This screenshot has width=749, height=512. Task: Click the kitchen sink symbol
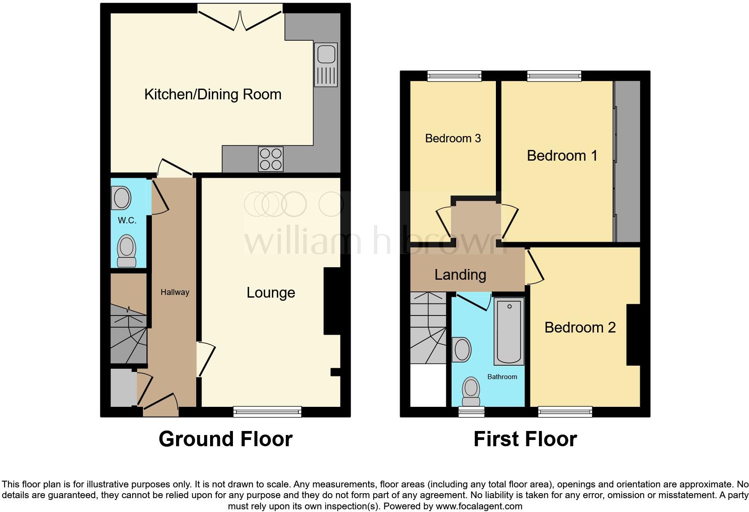pos(326,64)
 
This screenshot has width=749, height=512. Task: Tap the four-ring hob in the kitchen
pos(271,159)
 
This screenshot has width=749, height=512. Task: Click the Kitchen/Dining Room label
pos(213,94)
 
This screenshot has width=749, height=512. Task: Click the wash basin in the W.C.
pos(121,198)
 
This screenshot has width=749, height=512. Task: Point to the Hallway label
pos(175,292)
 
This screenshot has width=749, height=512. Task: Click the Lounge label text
pos(271,293)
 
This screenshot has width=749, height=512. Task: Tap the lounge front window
pos(267,411)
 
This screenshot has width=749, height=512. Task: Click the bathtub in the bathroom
pos(509,331)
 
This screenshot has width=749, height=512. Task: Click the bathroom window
pos(471,411)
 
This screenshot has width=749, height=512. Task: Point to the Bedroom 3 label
pos(453,138)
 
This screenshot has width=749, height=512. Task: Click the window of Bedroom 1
pos(554,76)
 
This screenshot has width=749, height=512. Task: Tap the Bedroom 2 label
pos(580,328)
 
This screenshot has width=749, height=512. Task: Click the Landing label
pos(460,274)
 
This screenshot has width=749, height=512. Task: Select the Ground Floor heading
pos(225,439)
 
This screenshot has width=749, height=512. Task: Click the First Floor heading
pos(525,439)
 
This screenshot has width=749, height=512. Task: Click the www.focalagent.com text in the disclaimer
pos(479,507)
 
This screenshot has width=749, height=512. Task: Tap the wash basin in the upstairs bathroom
pos(462,350)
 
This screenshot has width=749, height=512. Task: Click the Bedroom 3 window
pos(454,76)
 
